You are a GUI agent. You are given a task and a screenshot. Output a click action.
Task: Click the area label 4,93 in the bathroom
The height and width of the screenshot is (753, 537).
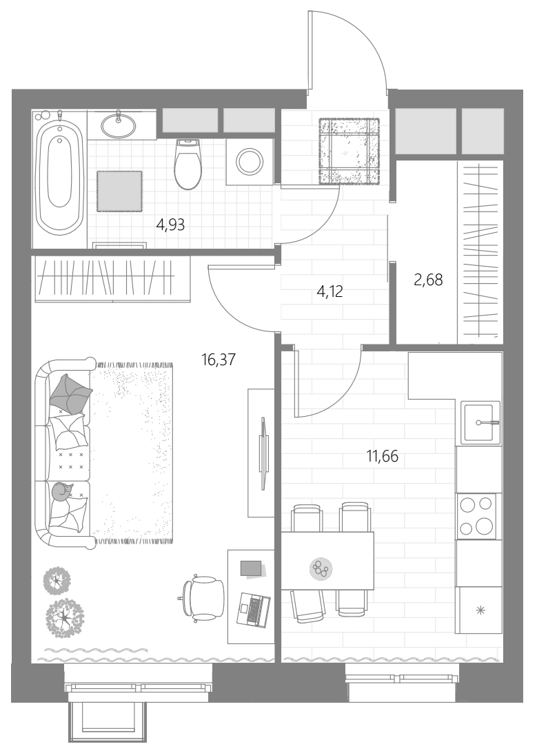(x=170, y=225)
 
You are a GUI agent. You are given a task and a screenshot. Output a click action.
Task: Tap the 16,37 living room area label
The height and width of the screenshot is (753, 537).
(x=219, y=359)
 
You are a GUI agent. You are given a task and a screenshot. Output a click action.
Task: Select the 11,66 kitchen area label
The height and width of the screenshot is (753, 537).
(x=383, y=456)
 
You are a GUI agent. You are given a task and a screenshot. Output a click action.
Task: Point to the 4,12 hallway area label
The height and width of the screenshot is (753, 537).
(x=330, y=291)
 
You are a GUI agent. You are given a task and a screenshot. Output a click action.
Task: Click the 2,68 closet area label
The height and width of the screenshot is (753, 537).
(x=428, y=279)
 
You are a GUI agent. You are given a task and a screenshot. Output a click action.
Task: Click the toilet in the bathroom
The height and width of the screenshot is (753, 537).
(x=188, y=164)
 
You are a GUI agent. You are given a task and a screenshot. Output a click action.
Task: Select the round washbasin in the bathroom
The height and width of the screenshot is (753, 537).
(x=118, y=126)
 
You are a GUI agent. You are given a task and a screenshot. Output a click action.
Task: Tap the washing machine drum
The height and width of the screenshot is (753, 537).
(x=250, y=161)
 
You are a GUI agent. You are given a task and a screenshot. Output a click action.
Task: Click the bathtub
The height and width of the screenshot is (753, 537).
(x=59, y=174)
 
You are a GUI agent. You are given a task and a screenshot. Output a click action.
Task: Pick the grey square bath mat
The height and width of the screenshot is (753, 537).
(x=119, y=191)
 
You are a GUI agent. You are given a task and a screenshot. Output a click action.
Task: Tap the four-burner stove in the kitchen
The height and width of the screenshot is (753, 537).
(x=476, y=516)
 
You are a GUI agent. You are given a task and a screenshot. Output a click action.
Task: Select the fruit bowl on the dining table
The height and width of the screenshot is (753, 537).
(x=321, y=569)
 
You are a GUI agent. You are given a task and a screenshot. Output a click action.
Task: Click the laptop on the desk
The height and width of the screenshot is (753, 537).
(x=254, y=610)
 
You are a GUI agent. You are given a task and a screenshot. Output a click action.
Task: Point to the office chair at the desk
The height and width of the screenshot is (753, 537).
(x=203, y=598)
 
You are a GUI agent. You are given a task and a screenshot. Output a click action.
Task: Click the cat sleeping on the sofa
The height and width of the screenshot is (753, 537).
(x=63, y=492)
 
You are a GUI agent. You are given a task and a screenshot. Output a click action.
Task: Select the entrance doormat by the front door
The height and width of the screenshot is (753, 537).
(x=349, y=151)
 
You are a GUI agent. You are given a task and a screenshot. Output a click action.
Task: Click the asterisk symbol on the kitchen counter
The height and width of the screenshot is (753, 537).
(x=480, y=610)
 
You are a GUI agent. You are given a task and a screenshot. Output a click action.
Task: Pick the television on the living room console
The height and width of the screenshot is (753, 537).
(x=262, y=453)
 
